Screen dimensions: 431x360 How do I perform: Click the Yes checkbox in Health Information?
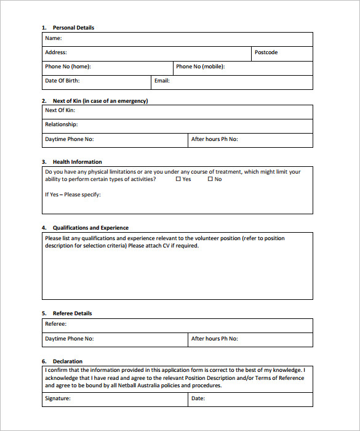click(x=178, y=179)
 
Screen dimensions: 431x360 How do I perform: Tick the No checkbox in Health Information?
click(x=210, y=179)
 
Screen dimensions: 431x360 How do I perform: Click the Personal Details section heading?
click(x=73, y=28)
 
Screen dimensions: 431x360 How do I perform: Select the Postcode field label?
click(x=266, y=53)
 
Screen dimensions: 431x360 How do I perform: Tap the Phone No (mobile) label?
click(x=200, y=66)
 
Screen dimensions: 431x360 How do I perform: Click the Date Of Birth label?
click(x=62, y=81)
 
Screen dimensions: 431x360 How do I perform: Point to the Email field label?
click(x=162, y=81)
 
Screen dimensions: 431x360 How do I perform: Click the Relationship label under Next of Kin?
click(x=61, y=124)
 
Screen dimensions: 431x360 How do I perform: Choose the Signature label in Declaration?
click(x=58, y=398)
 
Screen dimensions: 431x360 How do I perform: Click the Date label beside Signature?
click(x=198, y=398)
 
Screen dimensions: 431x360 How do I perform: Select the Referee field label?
click(x=55, y=324)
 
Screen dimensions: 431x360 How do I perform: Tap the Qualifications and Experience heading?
click(x=90, y=228)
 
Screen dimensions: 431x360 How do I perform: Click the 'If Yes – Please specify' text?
click(x=73, y=195)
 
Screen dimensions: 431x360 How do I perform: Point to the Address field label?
click(x=56, y=53)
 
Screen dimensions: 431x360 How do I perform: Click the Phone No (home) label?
click(x=72, y=66)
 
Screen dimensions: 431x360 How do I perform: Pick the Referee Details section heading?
click(x=72, y=313)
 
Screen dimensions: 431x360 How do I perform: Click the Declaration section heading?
click(x=67, y=361)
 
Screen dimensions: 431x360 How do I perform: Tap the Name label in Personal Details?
click(x=53, y=38)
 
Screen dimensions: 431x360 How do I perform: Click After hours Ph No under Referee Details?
click(x=214, y=339)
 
